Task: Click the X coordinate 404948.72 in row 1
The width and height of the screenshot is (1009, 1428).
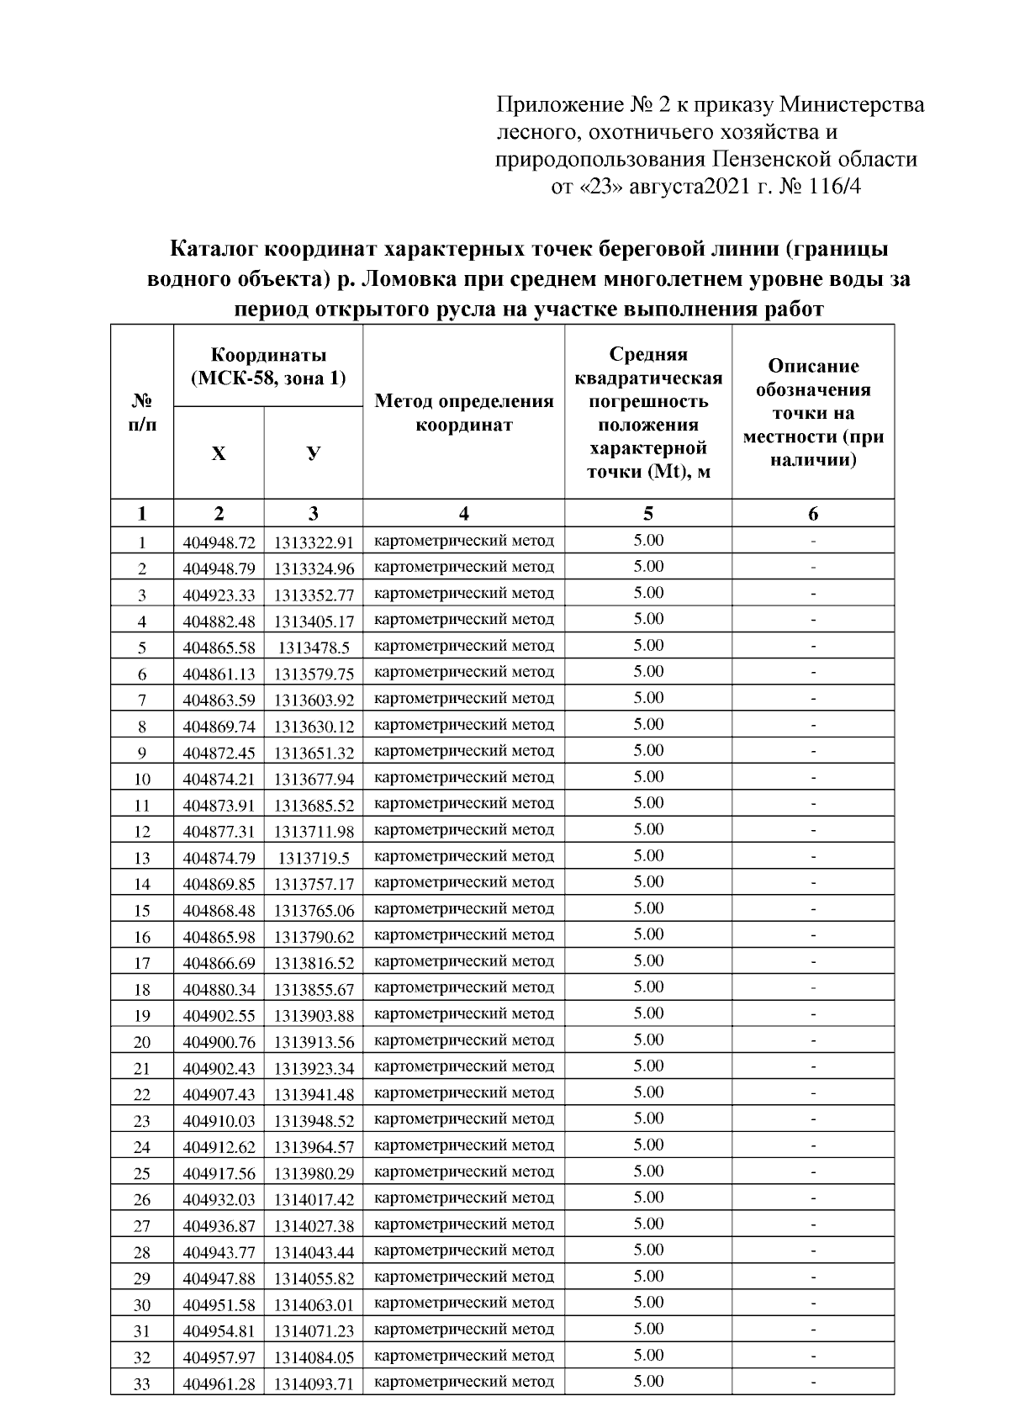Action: coord(219,542)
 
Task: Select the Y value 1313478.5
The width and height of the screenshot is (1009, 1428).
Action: coord(314,648)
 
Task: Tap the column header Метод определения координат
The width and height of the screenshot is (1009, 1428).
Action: coord(463,413)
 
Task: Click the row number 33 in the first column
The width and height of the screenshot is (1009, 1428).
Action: coord(142,1383)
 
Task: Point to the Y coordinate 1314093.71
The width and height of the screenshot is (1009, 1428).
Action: coord(314,1383)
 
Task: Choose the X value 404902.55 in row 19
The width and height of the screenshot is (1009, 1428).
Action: coord(219,1015)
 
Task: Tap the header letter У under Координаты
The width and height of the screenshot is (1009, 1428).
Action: coord(313,454)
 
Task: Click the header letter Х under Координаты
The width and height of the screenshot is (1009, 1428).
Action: coord(219,454)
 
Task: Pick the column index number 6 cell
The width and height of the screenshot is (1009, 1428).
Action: coord(812,513)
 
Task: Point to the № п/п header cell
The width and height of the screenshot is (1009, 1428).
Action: coord(142,413)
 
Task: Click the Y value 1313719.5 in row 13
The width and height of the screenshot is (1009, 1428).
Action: coord(314,858)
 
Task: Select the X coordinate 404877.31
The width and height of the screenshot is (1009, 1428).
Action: coord(219,832)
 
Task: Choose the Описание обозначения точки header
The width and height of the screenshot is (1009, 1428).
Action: coord(812,413)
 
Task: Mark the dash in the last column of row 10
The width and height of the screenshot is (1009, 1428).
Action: coord(813,777)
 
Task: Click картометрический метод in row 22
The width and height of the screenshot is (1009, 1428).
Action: coord(463,1092)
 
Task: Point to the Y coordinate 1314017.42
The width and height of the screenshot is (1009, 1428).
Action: coord(314,1199)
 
